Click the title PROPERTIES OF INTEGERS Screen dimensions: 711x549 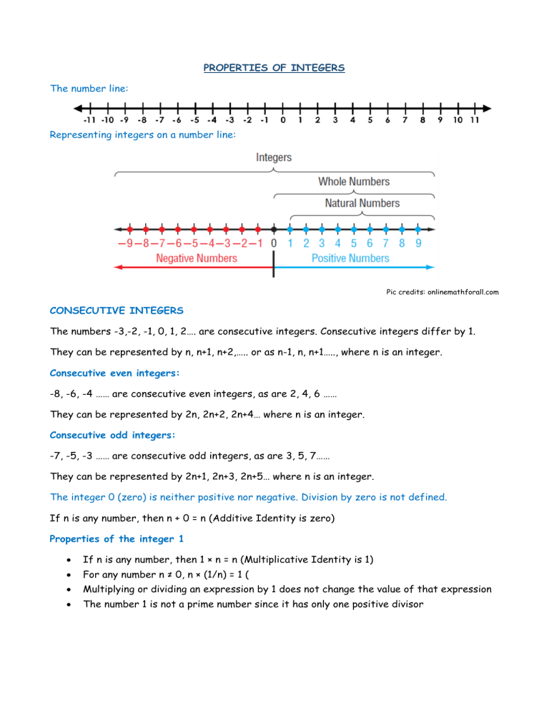pyautogui.click(x=274, y=68)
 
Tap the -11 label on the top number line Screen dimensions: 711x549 pyautogui.click(x=91, y=120)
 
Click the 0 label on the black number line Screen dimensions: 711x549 pyautogui.click(x=283, y=120)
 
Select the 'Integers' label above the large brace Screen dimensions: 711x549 pyautogui.click(x=274, y=157)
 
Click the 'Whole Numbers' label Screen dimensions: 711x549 pyautogui.click(x=354, y=182)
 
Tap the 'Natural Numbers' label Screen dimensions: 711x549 pyautogui.click(x=362, y=203)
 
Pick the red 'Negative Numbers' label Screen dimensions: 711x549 pyautogui.click(x=197, y=258)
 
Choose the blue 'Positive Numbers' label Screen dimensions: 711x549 pyautogui.click(x=350, y=258)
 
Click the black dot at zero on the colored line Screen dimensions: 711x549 pyautogui.click(x=274, y=230)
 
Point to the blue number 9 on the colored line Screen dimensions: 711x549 pyautogui.click(x=418, y=243)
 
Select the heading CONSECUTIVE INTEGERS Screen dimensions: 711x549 pyautogui.click(x=117, y=311)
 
